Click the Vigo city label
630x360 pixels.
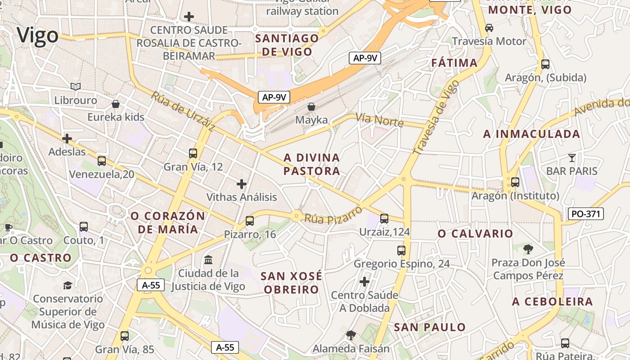[38, 36]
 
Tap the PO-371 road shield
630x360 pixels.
[585, 214]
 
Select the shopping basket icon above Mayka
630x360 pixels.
[311, 107]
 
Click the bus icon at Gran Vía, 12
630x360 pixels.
[193, 153]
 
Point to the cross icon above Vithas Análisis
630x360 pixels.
[242, 184]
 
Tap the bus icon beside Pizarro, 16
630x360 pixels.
[250, 220]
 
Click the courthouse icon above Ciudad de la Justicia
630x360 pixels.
[208, 260]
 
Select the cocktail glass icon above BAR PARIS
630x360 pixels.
[571, 157]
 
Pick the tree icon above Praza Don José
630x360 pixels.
[528, 248]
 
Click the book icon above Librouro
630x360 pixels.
[76, 86]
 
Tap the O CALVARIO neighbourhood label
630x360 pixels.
[475, 234]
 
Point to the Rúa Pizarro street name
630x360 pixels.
[333, 215]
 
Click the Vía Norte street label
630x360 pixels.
[379, 120]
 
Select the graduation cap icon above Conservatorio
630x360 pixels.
[67, 285]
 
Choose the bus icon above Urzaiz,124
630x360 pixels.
[384, 218]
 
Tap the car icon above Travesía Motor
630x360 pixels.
[489, 28]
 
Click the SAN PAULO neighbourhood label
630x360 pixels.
[430, 327]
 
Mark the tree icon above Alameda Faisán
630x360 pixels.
[351, 335]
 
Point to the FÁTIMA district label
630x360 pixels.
[454, 63]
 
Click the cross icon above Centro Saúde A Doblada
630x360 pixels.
[364, 282]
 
